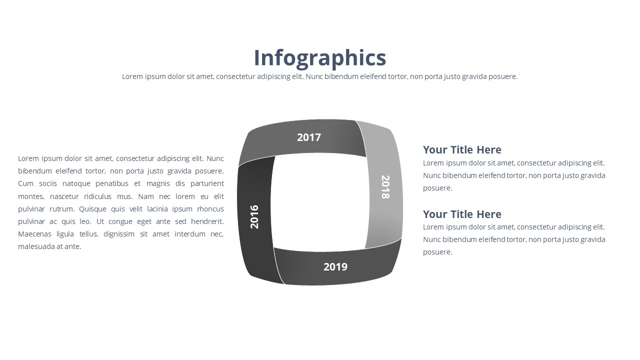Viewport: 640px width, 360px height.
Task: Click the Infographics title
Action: [320, 57]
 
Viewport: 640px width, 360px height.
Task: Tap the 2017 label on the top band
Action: [309, 137]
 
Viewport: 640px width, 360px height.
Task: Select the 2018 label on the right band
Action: [385, 187]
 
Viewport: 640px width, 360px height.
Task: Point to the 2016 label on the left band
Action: [254, 216]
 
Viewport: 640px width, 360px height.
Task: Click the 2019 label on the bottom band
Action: [335, 267]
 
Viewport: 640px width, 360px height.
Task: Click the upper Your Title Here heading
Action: [462, 149]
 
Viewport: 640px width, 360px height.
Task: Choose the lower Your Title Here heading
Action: [462, 214]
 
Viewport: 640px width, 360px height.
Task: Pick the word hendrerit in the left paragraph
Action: [207, 221]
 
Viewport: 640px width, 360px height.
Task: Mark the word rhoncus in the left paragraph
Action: [210, 209]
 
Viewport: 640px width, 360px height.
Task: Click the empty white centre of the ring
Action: [320, 202]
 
